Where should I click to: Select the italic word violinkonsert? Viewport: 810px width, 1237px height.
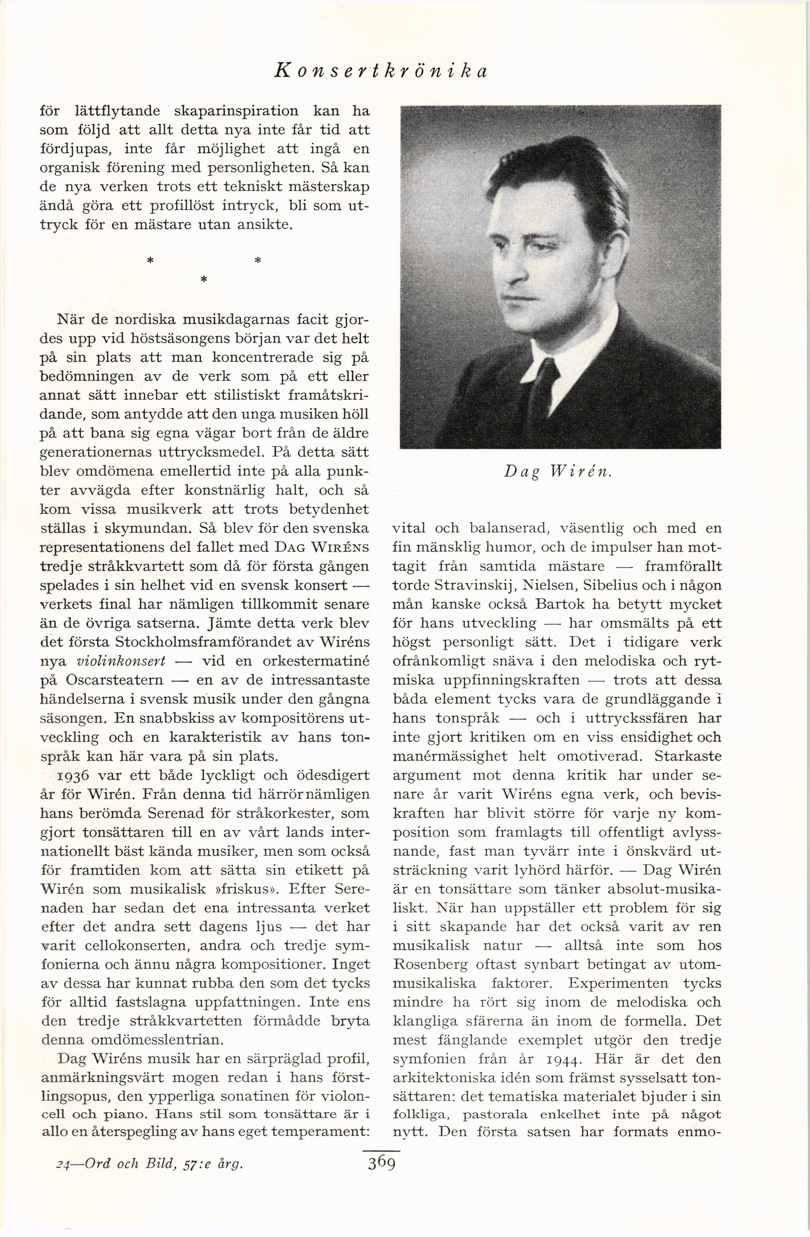pyautogui.click(x=121, y=661)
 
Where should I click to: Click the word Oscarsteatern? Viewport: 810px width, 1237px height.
pyautogui.click(x=115, y=680)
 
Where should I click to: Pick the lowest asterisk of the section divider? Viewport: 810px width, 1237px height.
pyautogui.click(x=204, y=280)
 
